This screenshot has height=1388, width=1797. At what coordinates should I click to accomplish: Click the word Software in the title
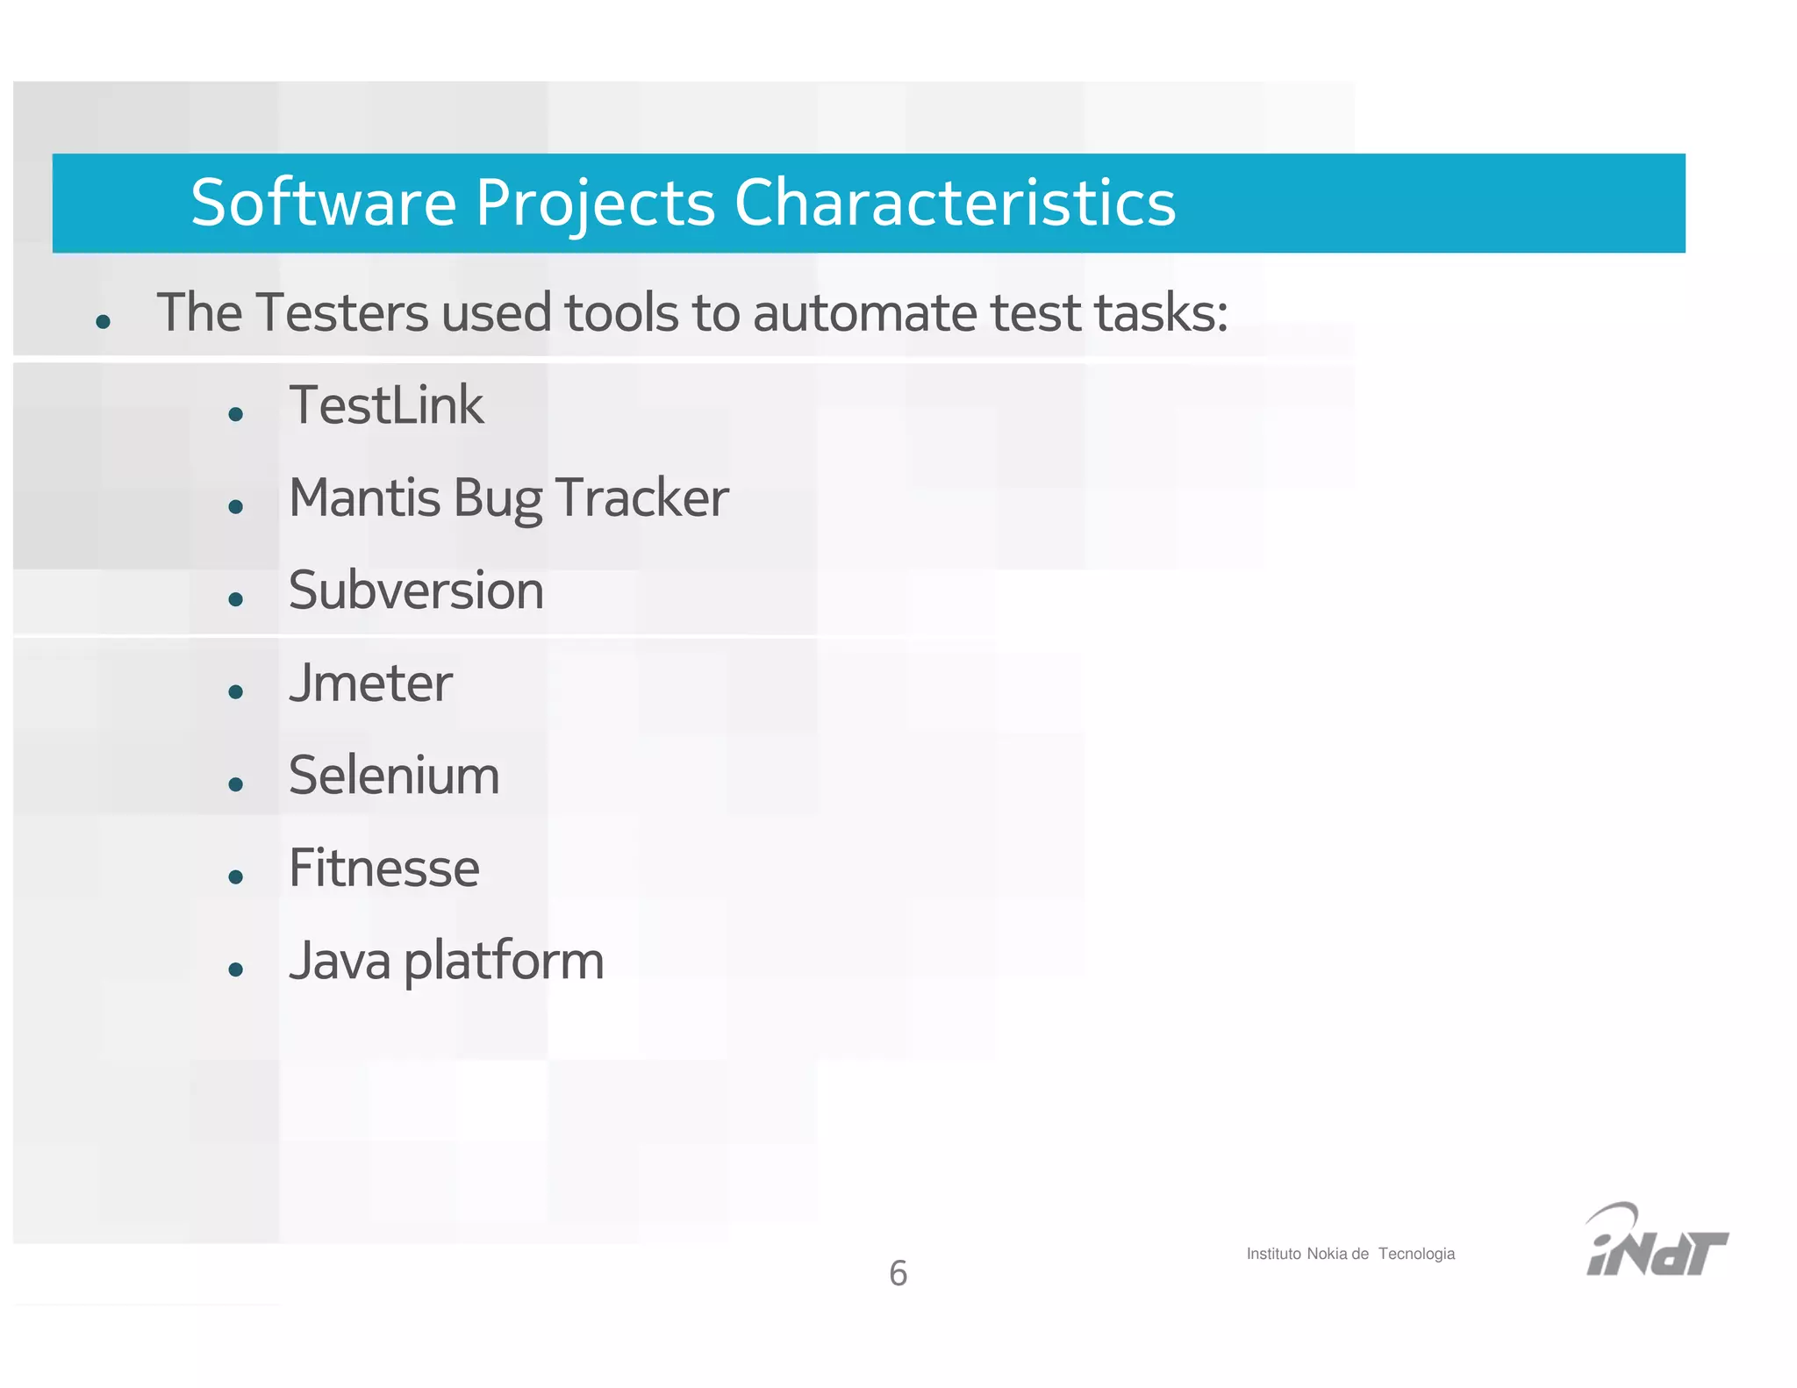click(323, 203)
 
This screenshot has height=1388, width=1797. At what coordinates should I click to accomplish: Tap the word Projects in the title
click(595, 204)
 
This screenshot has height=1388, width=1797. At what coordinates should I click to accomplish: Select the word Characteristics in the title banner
click(955, 203)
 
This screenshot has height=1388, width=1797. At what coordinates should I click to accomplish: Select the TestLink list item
click(386, 405)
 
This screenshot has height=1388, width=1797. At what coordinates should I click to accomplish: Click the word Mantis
click(364, 497)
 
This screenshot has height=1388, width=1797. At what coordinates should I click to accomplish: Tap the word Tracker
click(641, 497)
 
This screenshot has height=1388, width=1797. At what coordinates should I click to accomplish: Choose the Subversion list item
click(416, 590)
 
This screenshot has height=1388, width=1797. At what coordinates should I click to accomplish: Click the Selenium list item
click(394, 776)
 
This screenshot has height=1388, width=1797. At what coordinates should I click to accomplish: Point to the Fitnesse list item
click(383, 868)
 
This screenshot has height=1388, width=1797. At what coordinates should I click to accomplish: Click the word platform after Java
click(504, 962)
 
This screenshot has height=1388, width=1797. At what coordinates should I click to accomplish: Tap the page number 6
click(898, 1273)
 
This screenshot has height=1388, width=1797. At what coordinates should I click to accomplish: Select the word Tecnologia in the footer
click(1416, 1254)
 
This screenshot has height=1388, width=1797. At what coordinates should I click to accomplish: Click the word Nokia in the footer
click(1326, 1254)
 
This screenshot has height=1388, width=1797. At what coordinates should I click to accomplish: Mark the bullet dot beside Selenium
click(235, 784)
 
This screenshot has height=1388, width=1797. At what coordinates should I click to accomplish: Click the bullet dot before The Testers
click(103, 322)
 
